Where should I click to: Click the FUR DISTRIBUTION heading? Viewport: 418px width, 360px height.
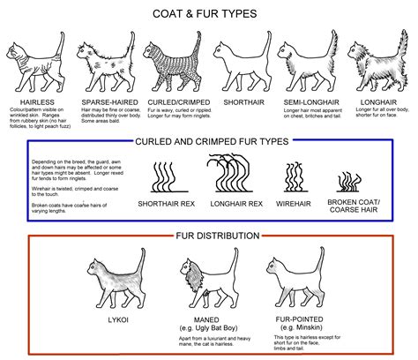pyautogui.click(x=209, y=236)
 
